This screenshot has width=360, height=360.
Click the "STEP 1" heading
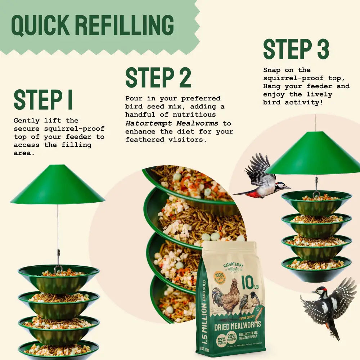pos(43,100)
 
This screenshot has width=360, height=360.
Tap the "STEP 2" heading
pos(158,77)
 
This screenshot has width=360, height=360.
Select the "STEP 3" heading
pos(296,49)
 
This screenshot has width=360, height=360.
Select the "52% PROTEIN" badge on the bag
pos(221,340)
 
